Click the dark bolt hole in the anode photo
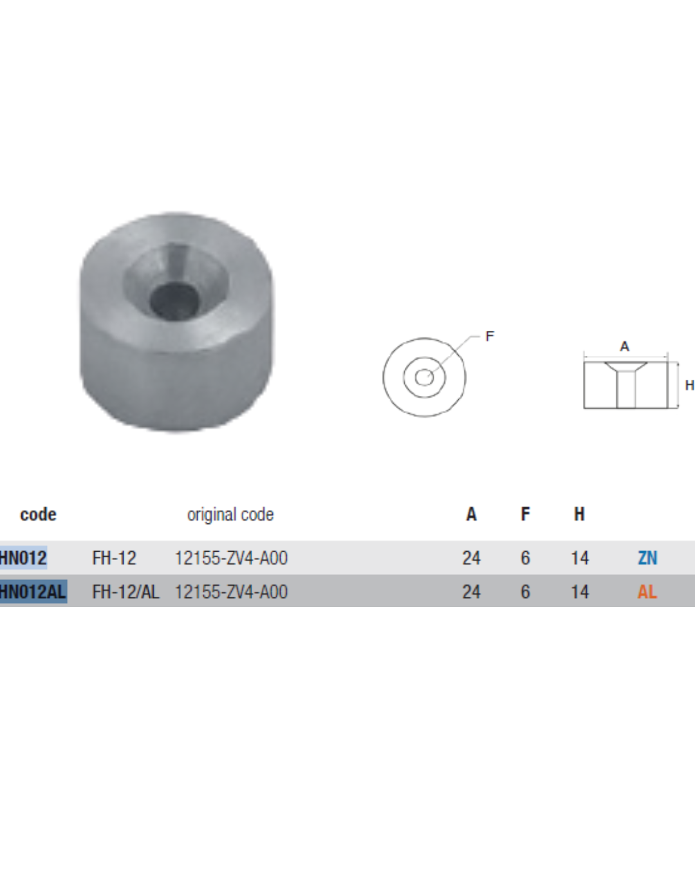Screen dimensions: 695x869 [x=174, y=301]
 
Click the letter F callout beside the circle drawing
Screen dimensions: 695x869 [x=490, y=337]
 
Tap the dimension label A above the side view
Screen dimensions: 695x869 [x=624, y=346]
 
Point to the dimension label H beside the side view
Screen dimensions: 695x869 [x=689, y=385]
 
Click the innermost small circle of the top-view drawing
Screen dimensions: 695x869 [x=424, y=378]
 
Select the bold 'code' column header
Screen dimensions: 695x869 [x=39, y=514]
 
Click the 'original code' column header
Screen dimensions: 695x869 [x=230, y=514]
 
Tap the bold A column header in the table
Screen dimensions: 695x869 [x=471, y=514]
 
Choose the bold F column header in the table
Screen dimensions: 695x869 [x=525, y=514]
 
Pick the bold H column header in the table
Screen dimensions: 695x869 [x=579, y=514]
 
